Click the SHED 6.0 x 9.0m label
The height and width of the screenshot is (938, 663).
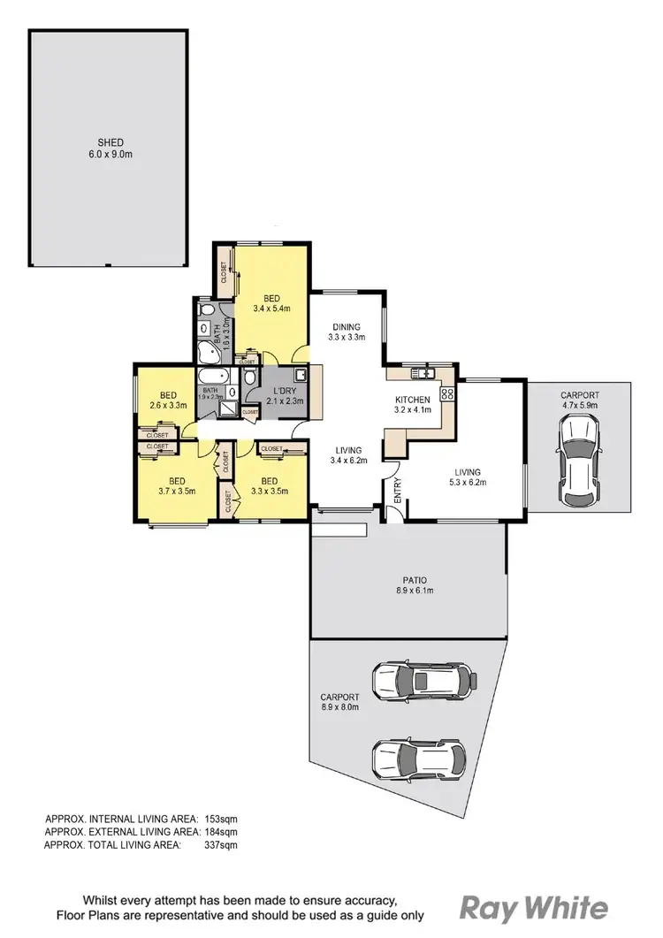pyautogui.click(x=110, y=148)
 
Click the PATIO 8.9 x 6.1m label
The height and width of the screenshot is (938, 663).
pyautogui.click(x=408, y=584)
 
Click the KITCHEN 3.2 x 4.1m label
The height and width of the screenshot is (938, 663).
pyautogui.click(x=413, y=405)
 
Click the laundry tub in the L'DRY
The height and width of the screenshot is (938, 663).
pyautogui.click(x=301, y=375)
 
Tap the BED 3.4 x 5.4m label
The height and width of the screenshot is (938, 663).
pyautogui.click(x=271, y=303)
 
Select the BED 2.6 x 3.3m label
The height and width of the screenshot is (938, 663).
pyautogui.click(x=168, y=400)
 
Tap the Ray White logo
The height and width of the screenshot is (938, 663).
pyautogui.click(x=534, y=907)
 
